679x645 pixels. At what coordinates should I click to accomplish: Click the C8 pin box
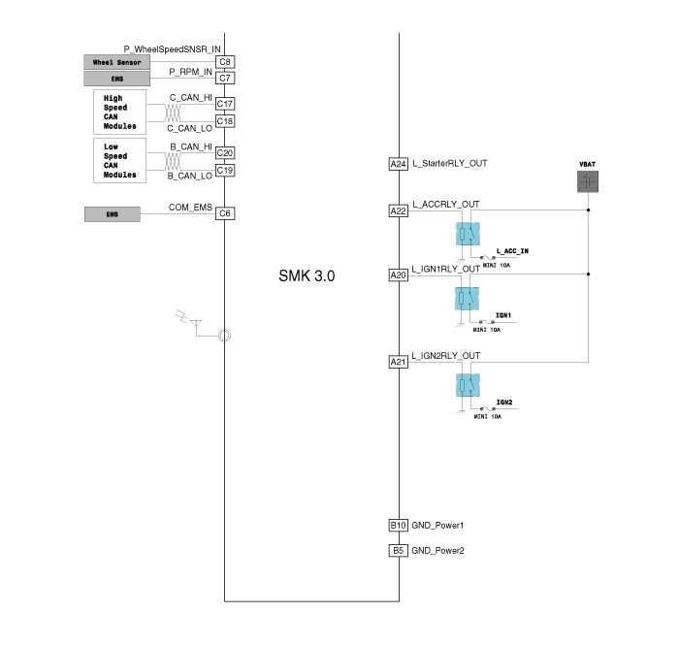coord(225,62)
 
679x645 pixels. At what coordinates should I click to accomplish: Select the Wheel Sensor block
coord(117,62)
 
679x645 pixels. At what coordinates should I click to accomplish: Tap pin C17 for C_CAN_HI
coord(225,104)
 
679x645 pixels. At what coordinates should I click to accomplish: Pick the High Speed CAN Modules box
coord(119,113)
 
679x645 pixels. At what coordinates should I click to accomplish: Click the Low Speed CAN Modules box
coord(119,161)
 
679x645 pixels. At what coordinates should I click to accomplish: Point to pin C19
coord(225,171)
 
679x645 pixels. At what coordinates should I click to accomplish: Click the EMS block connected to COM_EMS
coord(113,214)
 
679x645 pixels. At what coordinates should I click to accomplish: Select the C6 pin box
coord(225,213)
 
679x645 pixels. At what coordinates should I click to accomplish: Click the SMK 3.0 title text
coord(307,275)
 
